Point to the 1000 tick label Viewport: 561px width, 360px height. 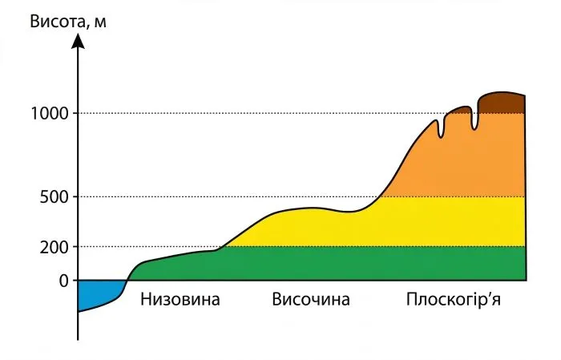[x=48, y=113]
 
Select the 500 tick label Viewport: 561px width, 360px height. [x=54, y=196]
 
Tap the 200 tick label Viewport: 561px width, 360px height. [x=54, y=246]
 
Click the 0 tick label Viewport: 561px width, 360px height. [x=63, y=281]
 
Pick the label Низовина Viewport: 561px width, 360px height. [x=180, y=301]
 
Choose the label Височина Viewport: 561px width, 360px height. [x=311, y=301]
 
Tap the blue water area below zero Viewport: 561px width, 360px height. [x=96, y=293]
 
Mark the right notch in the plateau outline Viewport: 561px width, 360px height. [x=474, y=125]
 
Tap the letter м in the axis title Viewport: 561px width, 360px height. [x=100, y=21]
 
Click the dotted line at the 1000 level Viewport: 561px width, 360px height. [x=240, y=113]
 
